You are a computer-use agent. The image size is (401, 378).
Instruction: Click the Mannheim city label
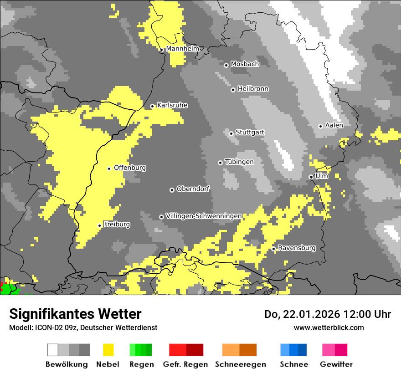click(x=182, y=48)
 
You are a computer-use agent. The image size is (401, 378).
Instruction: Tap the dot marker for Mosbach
click(x=226, y=65)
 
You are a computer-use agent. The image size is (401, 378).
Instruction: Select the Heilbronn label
click(x=253, y=89)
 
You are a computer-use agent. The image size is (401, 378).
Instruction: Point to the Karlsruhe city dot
click(x=152, y=106)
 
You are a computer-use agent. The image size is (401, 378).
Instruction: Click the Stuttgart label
click(x=250, y=133)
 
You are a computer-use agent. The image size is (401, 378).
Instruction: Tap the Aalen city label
click(x=334, y=125)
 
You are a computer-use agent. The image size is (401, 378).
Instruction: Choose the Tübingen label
click(x=239, y=162)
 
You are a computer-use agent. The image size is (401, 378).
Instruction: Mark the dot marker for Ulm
click(x=311, y=177)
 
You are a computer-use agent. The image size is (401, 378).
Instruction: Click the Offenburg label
click(x=130, y=168)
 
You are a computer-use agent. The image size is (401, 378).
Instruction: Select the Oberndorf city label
click(x=193, y=189)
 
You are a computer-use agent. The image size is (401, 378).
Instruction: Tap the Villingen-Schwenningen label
click(x=204, y=216)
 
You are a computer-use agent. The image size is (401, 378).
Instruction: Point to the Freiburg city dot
click(x=99, y=225)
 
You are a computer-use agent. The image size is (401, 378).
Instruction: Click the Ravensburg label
click(x=297, y=248)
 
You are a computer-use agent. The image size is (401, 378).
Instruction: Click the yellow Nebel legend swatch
click(x=108, y=350)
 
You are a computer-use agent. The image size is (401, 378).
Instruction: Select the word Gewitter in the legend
click(x=336, y=364)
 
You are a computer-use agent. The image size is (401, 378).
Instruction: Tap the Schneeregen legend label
click(x=240, y=364)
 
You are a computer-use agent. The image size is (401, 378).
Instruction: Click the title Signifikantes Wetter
click(x=75, y=314)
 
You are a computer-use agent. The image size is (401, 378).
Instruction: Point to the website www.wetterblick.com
click(x=329, y=327)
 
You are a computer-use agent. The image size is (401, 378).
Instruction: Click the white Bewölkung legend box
click(x=53, y=350)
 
